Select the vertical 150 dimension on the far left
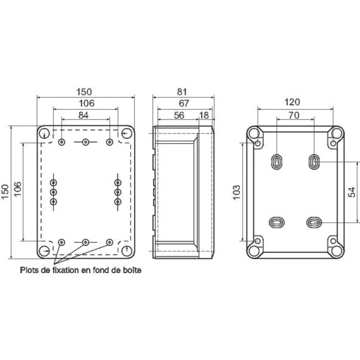(x=6, y=192)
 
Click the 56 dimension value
(x=178, y=116)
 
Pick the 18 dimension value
(x=204, y=116)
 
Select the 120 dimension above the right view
(x=295, y=104)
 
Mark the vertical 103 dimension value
(x=236, y=192)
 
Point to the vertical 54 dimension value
(x=352, y=192)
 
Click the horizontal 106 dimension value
(x=85, y=104)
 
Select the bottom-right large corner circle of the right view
(x=336, y=250)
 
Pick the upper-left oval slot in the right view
(x=276, y=161)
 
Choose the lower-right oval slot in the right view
(x=314, y=222)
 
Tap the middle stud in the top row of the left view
(x=85, y=142)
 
